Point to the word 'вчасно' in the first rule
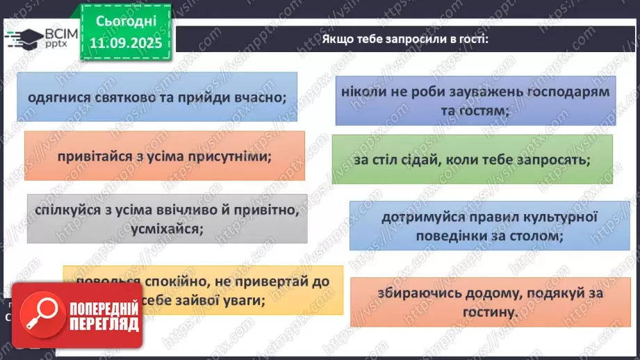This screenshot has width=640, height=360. coord(257,97)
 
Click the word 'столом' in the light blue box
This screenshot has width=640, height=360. coord(533,236)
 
